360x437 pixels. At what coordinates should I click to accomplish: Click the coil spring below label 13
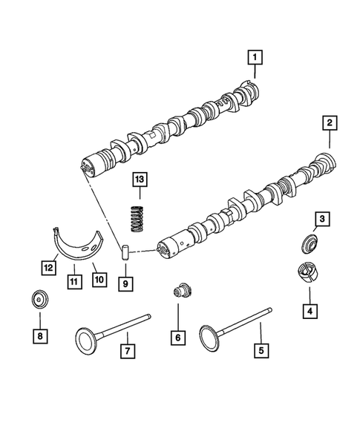pos(137,214)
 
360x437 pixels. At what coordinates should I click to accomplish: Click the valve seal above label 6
pos(178,292)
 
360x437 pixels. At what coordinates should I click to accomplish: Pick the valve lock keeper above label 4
pos(307,273)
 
